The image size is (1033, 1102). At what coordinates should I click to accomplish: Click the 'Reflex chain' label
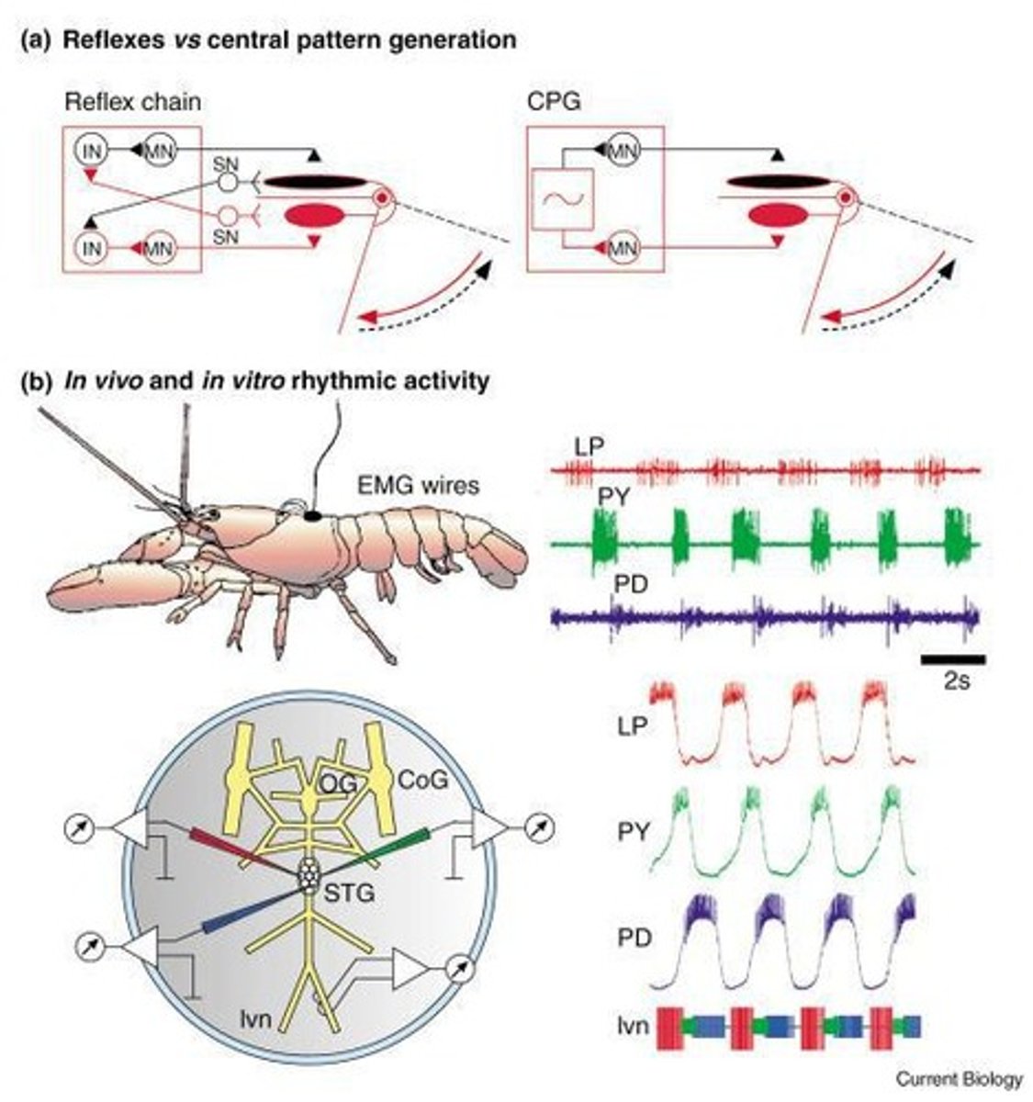coord(132,102)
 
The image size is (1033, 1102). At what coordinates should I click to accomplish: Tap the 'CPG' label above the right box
coord(554,102)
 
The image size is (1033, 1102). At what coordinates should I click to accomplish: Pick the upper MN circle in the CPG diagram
coord(621,150)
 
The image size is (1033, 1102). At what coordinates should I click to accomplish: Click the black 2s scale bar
coord(952,658)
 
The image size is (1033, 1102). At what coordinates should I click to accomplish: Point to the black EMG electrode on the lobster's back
coord(313,517)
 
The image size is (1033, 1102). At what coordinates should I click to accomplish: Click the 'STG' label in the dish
coord(350,891)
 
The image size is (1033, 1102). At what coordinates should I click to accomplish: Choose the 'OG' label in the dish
coord(340,781)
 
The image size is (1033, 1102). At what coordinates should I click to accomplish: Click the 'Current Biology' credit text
coord(959,1078)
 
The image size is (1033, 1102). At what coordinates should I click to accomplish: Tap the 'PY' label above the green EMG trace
coord(612,497)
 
